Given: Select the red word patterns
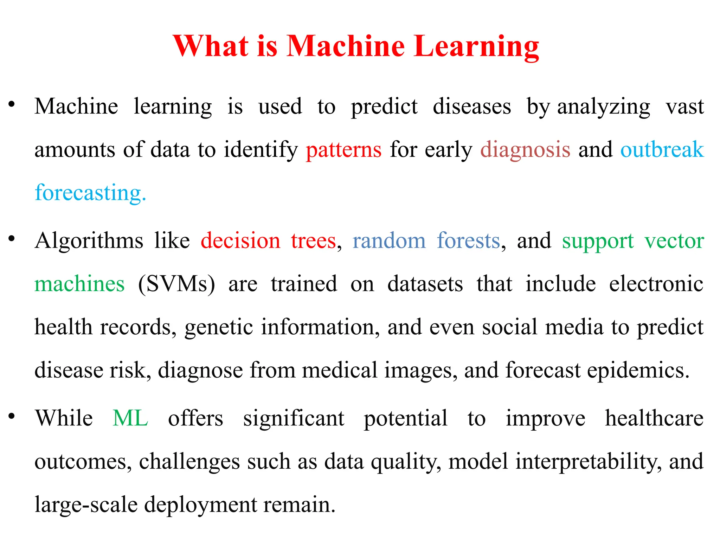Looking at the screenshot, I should [x=343, y=150].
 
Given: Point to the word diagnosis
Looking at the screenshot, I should [x=525, y=150].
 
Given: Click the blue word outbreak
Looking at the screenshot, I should [x=662, y=149].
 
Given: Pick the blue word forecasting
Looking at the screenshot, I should [x=90, y=193].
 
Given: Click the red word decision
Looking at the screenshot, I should [x=240, y=241].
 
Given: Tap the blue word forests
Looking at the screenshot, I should [x=468, y=241].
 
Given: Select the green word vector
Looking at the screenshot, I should [x=674, y=241].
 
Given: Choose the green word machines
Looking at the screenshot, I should [x=79, y=284].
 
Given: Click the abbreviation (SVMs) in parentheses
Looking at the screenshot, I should [x=176, y=284].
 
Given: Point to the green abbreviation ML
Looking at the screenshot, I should [x=130, y=418].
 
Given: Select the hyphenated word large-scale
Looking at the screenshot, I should [x=86, y=504].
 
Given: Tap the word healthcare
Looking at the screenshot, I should [x=654, y=418].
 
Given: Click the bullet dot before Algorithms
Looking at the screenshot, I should [x=12, y=239].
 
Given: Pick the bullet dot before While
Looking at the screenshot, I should [x=12, y=416].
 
